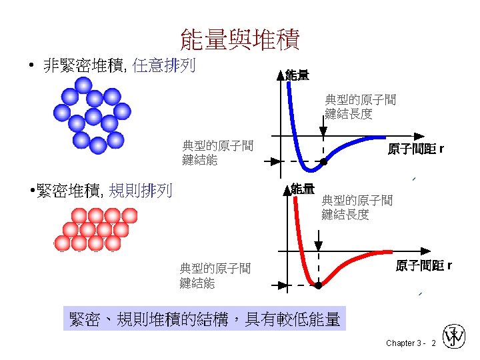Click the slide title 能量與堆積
point(240,39)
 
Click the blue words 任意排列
point(164,65)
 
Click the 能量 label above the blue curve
point(297,75)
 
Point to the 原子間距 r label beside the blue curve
point(415,149)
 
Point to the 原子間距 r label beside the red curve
point(423,266)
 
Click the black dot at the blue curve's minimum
point(323,161)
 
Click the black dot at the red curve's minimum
point(318,285)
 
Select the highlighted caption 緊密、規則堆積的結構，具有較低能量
point(205,319)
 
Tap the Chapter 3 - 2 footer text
point(411,343)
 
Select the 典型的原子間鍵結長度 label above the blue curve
point(360,107)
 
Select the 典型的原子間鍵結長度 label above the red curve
point(357,207)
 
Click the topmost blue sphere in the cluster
point(83,85)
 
